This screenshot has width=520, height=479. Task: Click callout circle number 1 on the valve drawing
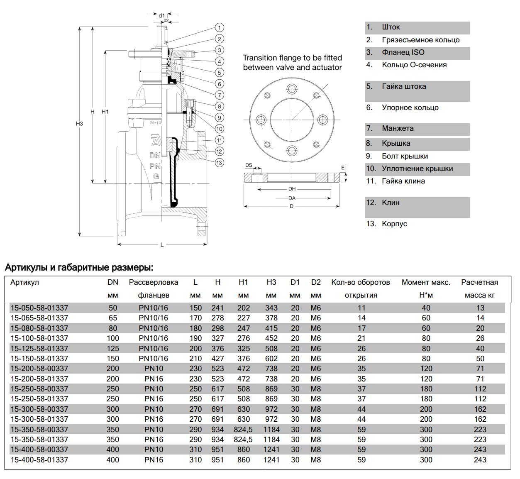(220, 28)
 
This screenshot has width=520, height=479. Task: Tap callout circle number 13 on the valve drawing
(220, 163)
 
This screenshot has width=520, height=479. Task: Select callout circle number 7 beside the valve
(220, 95)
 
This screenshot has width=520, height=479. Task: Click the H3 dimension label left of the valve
(79, 124)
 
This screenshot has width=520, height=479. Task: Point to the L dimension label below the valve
(162, 244)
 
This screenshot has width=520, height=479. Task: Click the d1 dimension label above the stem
(162, 15)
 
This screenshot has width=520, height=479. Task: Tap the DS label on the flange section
(249, 165)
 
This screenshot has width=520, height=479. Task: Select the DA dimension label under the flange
(292, 198)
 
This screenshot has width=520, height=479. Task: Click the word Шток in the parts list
(391, 27)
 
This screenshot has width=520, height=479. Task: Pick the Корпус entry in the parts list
(394, 224)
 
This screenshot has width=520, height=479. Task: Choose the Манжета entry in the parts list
(398, 128)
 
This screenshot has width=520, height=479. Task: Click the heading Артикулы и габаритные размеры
(79, 267)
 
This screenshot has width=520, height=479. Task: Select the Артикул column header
(24, 282)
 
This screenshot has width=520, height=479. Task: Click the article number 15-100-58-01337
(39, 338)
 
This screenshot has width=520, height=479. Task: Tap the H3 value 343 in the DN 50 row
(271, 308)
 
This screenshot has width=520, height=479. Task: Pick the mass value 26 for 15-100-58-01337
(480, 338)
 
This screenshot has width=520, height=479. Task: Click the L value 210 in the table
(195, 359)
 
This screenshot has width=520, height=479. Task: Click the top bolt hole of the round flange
(292, 89)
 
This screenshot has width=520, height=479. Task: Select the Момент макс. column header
(426, 282)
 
